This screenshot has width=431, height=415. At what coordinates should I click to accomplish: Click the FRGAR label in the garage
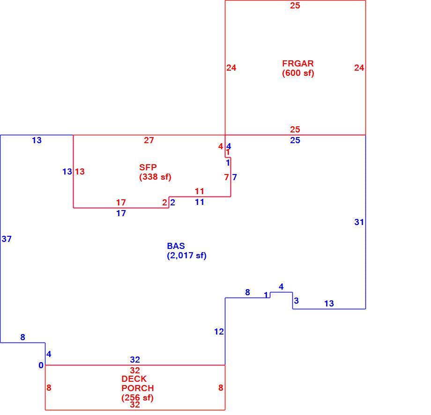297,64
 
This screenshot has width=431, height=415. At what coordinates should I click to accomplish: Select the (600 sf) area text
298,73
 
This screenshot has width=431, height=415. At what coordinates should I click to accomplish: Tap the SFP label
148,167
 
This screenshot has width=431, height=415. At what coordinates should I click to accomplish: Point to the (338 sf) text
156,177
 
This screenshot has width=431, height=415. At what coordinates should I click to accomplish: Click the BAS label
176,246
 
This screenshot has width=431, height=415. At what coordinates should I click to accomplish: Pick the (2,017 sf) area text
186,255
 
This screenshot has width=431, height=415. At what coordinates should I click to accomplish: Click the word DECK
134,379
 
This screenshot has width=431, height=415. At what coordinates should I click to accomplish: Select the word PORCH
137,388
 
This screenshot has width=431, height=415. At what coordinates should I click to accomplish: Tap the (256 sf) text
137,398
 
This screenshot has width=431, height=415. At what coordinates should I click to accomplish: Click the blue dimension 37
7,239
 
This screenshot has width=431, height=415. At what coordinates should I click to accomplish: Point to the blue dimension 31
359,222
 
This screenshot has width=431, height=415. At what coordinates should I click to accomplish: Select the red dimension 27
149,140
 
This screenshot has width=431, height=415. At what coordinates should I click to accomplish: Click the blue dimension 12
219,332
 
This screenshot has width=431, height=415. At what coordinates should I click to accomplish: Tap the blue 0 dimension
41,365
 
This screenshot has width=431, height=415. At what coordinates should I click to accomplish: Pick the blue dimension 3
296,300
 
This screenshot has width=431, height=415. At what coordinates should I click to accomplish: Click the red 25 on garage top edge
295,6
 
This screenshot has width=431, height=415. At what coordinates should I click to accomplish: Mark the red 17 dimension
121,203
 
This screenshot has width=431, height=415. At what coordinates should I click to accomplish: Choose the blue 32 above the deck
135,359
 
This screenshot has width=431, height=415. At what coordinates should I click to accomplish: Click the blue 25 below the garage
295,140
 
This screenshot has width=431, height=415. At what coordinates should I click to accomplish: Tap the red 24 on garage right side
359,67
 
